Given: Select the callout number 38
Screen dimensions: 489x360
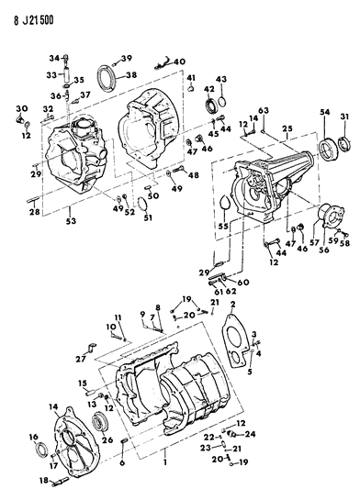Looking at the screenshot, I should [x=130, y=75].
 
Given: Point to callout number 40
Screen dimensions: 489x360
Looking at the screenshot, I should [x=179, y=61].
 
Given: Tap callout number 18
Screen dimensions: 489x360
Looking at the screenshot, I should [x=41, y=480].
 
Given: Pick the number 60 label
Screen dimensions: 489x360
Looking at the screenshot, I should [x=242, y=283].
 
